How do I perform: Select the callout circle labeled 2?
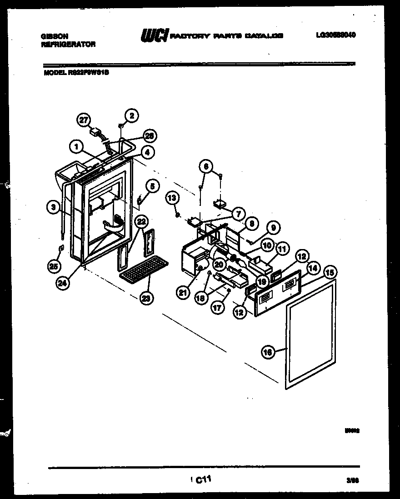click(x=131, y=115)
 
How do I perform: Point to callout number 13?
click(x=172, y=198)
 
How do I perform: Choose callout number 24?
click(x=63, y=283)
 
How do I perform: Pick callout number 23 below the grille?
click(x=147, y=298)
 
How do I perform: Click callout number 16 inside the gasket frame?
click(x=269, y=351)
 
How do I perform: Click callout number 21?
click(x=183, y=293)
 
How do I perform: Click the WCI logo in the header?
click(x=155, y=35)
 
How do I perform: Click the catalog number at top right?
click(x=335, y=35)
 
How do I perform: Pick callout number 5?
click(x=152, y=185)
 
